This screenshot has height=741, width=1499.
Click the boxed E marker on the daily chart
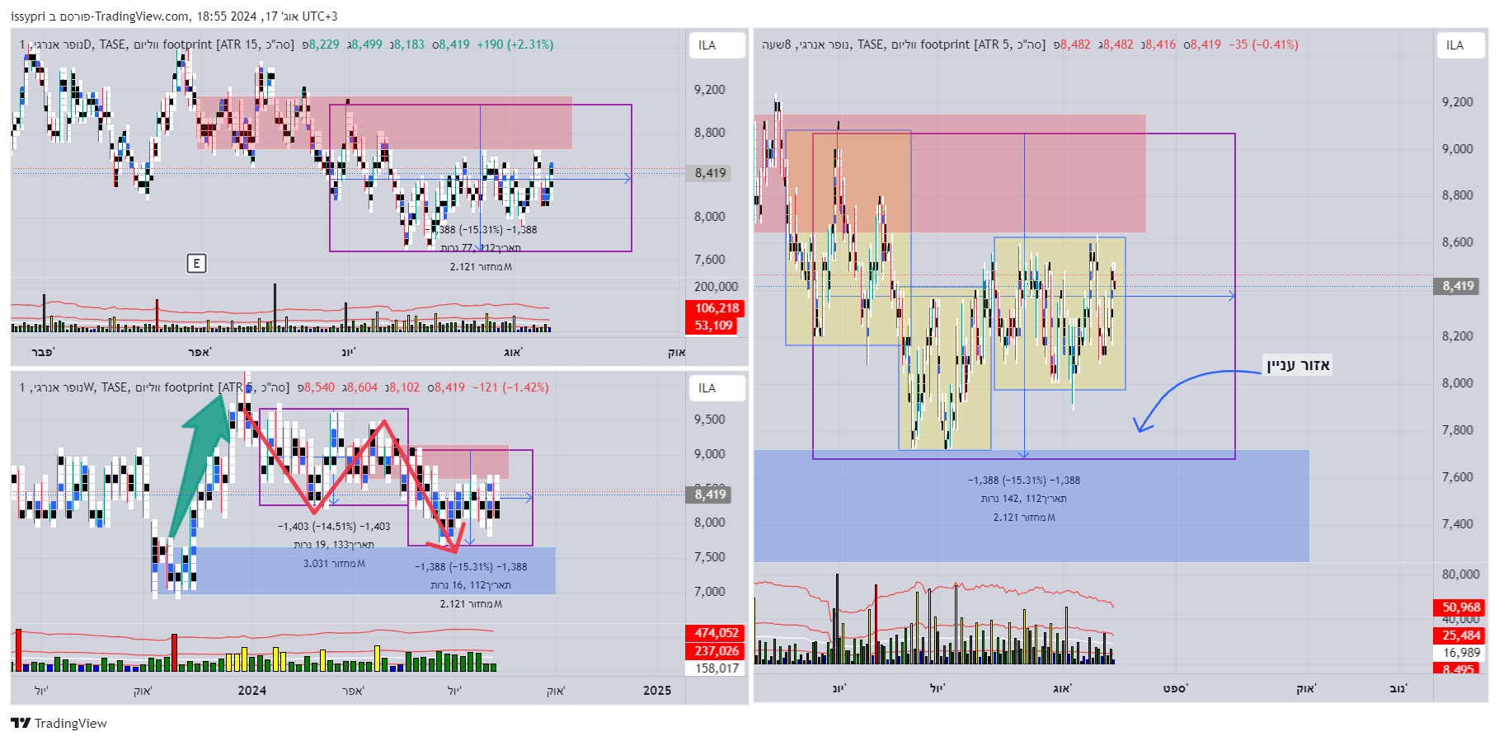tap(196, 263)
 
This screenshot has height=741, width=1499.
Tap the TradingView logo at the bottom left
tap(59, 723)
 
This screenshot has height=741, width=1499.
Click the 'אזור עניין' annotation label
tap(1299, 365)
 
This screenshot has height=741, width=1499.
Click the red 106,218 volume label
tap(717, 308)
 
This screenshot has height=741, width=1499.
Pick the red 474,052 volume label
tap(717, 633)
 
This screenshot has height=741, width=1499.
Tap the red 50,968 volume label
tap(1461, 607)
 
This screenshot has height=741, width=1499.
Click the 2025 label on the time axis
tap(657, 691)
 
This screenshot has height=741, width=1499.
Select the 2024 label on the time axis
tap(252, 691)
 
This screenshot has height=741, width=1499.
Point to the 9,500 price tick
tap(709, 419)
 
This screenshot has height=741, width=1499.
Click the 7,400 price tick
tap(1457, 524)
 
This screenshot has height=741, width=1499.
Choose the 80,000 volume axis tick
tap(1460, 574)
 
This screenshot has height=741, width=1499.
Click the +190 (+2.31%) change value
tap(515, 45)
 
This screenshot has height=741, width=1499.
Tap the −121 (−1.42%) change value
tap(510, 387)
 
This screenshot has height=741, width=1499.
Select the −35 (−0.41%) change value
tap(1263, 45)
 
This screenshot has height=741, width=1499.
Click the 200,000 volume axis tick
tap(716, 287)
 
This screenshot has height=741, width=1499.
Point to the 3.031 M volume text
tap(334, 564)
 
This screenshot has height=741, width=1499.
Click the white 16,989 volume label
tap(1461, 653)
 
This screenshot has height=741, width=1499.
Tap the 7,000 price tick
tap(709, 591)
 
